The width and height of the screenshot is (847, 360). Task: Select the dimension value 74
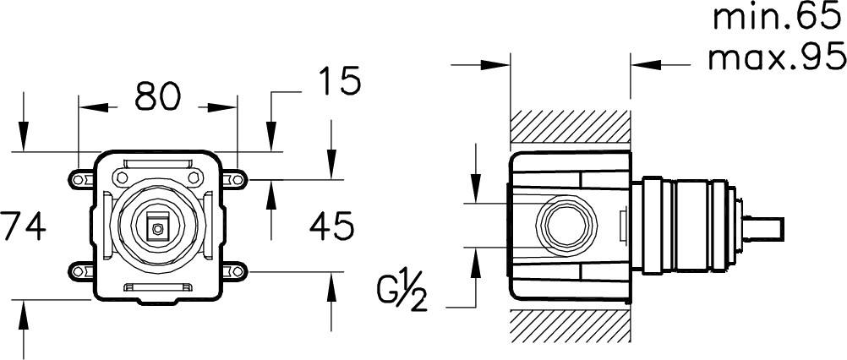(23, 226)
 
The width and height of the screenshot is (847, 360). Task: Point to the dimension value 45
(331, 226)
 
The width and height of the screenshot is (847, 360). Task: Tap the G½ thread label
(402, 297)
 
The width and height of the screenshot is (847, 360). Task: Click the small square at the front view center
(157, 229)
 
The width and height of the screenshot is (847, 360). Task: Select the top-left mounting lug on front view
(81, 178)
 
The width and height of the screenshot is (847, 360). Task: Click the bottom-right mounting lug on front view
(234, 270)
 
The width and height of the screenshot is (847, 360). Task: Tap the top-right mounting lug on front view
(234, 178)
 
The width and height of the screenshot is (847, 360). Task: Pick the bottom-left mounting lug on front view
(81, 270)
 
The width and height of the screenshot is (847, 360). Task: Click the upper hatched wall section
(571, 127)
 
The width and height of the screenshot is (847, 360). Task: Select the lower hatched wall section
(571, 326)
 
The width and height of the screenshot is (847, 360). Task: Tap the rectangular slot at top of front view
(157, 164)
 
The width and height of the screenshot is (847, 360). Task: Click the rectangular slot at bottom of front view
(157, 287)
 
